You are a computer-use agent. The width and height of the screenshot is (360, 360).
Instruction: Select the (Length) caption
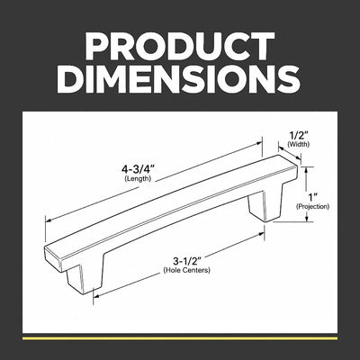point(138,179)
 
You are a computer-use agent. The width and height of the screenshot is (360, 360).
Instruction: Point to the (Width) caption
point(299,144)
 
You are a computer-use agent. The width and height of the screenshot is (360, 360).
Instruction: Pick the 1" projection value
point(314,197)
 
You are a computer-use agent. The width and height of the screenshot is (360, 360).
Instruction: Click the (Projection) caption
point(312,207)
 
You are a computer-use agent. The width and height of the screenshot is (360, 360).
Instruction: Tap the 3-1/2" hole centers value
point(186,260)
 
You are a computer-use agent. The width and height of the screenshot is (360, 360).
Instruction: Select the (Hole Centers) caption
point(186,270)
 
